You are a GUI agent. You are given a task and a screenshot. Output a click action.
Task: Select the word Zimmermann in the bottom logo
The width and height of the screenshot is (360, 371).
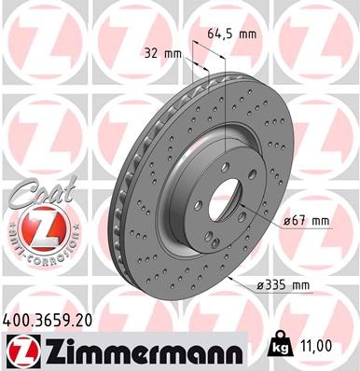point(139,352)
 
